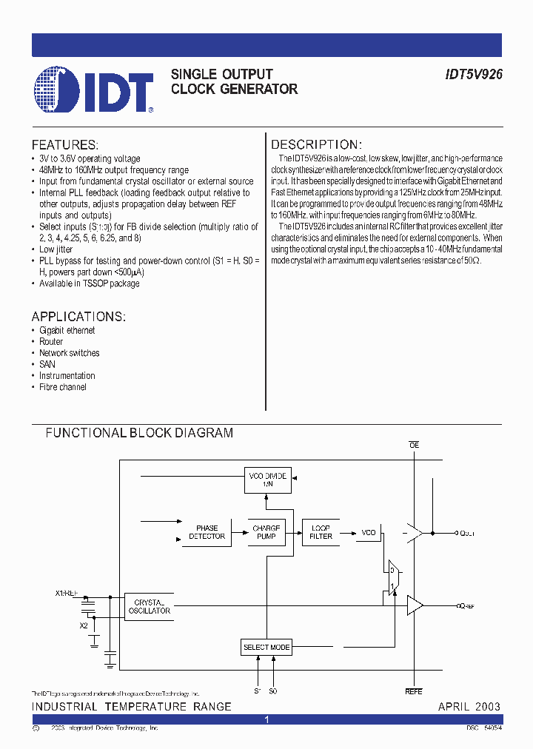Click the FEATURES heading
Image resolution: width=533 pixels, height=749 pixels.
click(64, 145)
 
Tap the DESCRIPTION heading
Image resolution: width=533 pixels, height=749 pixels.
click(315, 145)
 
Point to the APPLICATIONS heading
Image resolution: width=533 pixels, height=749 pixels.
click(78, 317)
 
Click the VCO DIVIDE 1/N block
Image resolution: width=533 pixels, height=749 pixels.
click(267, 480)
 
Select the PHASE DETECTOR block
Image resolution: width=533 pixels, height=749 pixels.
click(207, 532)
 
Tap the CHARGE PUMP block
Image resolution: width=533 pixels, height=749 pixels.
click(266, 532)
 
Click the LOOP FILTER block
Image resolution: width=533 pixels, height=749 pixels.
click(321, 532)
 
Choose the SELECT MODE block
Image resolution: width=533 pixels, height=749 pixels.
click(266, 647)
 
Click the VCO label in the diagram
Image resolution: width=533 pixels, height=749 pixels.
click(368, 533)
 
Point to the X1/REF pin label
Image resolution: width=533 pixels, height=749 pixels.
click(67, 594)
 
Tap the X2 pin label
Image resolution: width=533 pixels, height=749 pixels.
click(83, 625)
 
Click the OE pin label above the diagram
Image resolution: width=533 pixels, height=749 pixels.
click(414, 445)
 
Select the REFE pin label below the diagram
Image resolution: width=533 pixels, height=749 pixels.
click(413, 692)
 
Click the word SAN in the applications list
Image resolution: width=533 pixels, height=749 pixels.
click(47, 364)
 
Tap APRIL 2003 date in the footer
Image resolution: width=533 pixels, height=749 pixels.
click(469, 706)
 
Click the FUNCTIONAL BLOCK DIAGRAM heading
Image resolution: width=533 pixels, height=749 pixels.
click(139, 433)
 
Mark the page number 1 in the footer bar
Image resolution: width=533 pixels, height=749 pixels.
click(266, 719)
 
